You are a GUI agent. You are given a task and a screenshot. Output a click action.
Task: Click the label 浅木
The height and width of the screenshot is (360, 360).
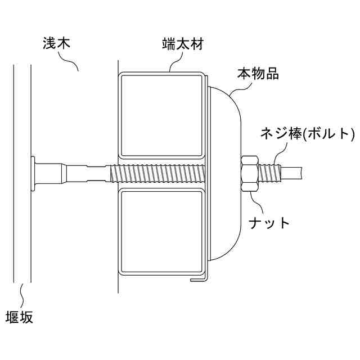coord(55,43)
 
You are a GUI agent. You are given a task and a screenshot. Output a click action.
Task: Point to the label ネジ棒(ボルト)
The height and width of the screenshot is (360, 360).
coord(307,133)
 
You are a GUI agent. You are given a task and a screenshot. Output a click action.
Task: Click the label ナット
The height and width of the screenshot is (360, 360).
coord(269,222)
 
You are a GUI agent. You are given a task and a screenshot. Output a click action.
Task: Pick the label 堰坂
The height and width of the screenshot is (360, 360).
coord(19,317)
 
